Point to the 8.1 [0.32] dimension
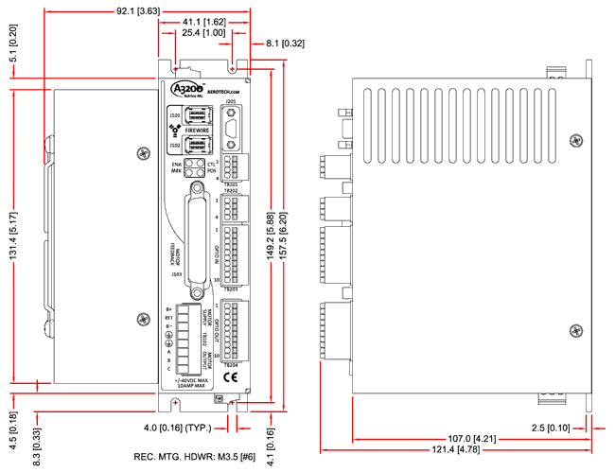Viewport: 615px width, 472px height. [x=287, y=43]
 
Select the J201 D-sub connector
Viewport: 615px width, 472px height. [x=233, y=123]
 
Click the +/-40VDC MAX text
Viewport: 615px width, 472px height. [x=192, y=382]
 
